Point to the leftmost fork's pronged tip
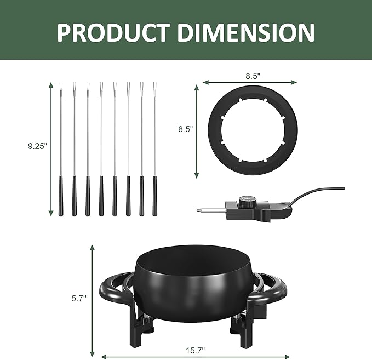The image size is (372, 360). click(x=60, y=87)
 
